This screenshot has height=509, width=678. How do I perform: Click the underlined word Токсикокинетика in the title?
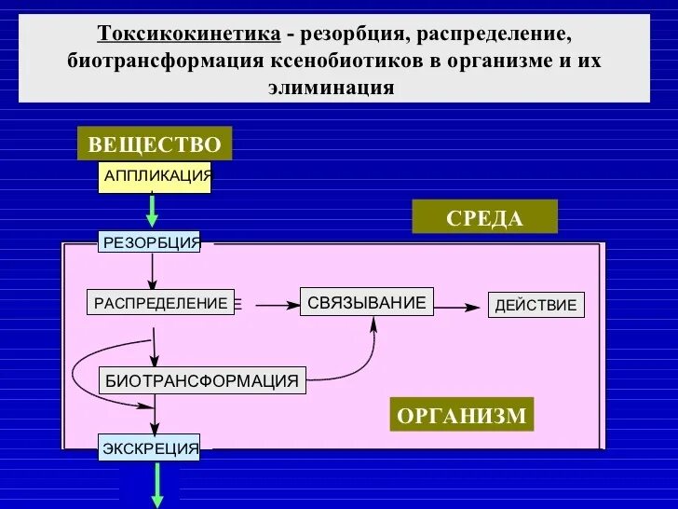[189, 34]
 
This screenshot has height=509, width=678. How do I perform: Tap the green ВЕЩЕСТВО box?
[155, 144]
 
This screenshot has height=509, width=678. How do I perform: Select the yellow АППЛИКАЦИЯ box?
[155, 176]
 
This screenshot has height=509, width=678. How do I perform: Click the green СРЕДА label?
[484, 217]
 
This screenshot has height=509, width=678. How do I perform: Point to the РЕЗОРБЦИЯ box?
[151, 242]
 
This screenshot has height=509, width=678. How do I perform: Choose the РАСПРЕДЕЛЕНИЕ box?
[160, 303]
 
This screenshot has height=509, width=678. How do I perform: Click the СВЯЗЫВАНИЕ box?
[366, 302]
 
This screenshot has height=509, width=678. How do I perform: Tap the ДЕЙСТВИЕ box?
[536, 305]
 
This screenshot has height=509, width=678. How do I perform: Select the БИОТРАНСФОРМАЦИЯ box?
[202, 380]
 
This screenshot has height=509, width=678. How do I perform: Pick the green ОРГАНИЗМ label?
[462, 415]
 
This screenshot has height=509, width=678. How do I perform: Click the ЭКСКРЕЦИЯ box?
[151, 449]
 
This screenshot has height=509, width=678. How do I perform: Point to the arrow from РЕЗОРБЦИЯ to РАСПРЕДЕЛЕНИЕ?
[153, 270]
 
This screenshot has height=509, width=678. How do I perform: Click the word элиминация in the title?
[332, 89]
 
